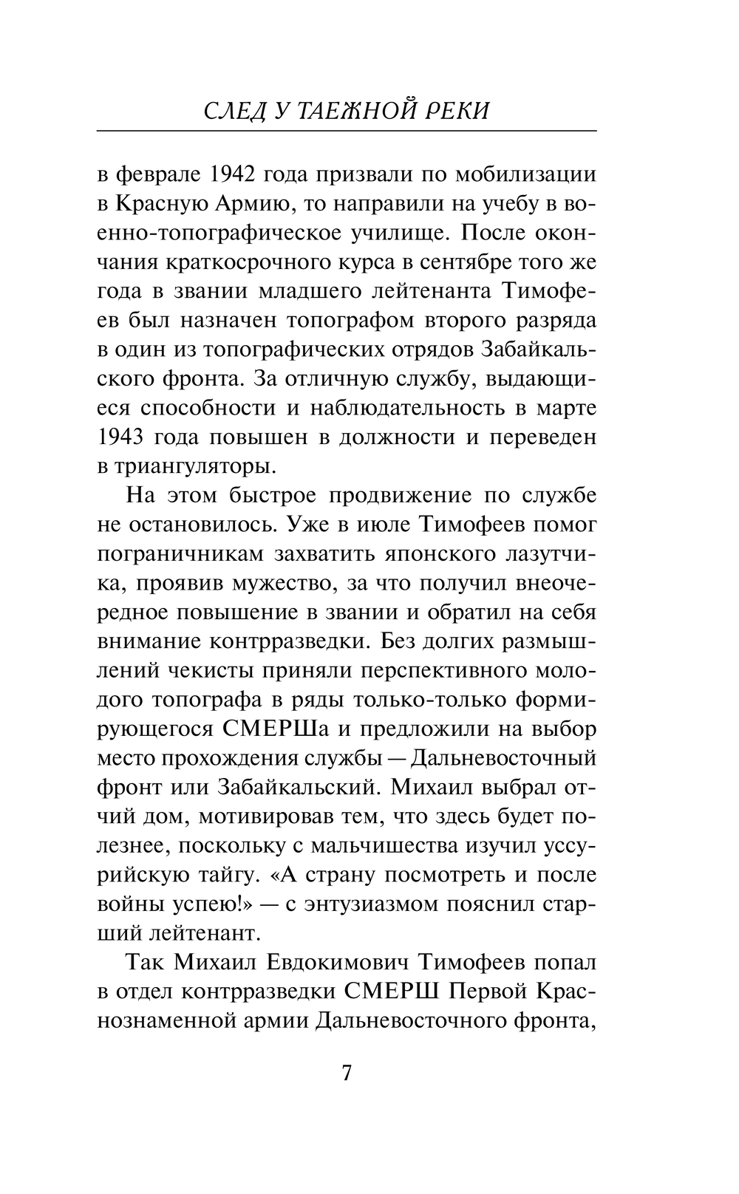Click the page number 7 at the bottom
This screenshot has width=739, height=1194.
347,1073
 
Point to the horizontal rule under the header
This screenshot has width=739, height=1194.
347,131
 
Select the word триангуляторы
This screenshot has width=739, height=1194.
193,466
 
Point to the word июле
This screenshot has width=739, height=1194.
379,525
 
